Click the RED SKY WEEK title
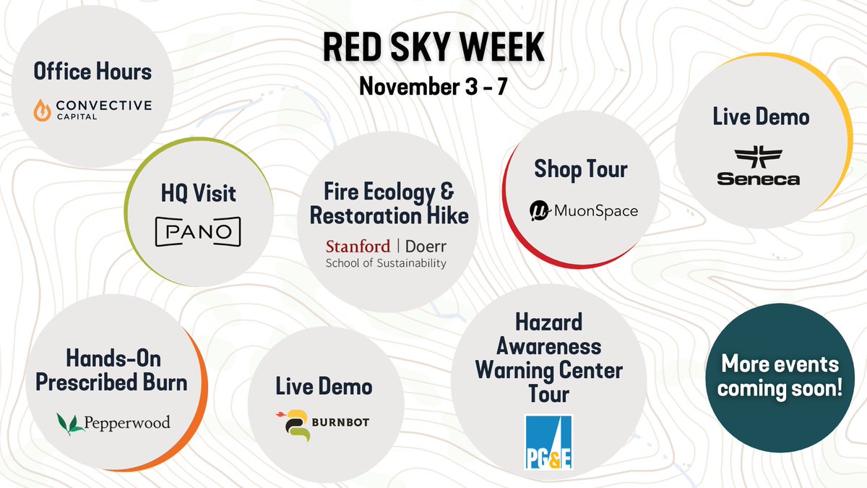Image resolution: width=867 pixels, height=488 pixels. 433,48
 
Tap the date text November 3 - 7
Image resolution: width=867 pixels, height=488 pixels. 433,87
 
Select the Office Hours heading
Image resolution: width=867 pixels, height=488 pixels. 92,72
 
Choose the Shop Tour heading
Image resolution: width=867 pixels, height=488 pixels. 581,169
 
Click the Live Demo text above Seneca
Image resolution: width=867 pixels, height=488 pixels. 761,117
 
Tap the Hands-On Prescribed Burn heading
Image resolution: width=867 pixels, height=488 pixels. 111,371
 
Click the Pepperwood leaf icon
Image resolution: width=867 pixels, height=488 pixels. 70,422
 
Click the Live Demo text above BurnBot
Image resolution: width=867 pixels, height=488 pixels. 324,386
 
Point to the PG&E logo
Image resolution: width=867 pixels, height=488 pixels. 548,441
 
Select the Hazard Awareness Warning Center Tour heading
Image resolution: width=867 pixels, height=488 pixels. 548,358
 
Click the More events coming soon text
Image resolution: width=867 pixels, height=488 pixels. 780,376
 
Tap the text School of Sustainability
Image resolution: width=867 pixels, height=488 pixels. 386,263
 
